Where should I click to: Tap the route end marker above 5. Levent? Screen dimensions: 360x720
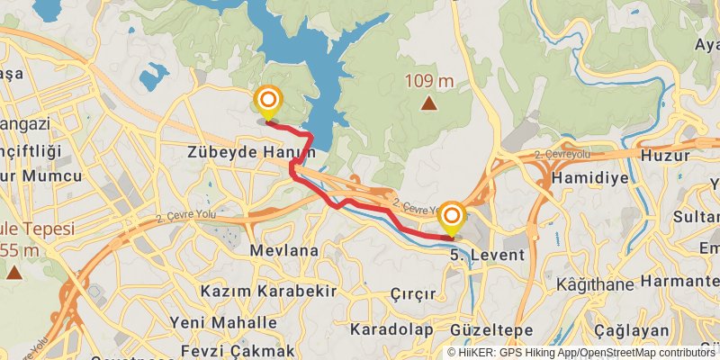coord(452,216)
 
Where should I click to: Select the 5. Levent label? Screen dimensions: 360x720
coord(486,256)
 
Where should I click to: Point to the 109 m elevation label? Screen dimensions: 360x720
coord(428,81)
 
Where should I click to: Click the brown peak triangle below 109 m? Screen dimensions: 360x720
coord(429,103)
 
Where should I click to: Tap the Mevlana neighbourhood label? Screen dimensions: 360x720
coord(285,249)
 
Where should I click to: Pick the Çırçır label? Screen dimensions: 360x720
coord(413,294)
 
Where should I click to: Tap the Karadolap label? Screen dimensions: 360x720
coord(391,328)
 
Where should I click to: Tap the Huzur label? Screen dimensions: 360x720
coord(665,155)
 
